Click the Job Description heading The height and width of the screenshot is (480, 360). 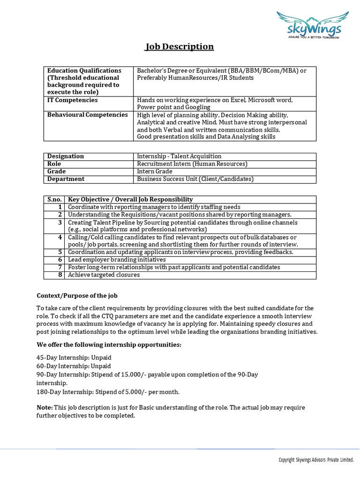pyautogui.click(x=179, y=46)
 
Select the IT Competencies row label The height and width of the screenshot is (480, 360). pyautogui.click(x=73, y=100)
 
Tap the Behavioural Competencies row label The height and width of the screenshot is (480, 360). pyautogui.click(x=88, y=115)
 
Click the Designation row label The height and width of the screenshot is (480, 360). pyautogui.click(x=66, y=156)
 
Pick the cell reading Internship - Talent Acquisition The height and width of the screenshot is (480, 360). pyautogui.click(x=179, y=156)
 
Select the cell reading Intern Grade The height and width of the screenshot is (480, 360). pyautogui.click(x=155, y=172)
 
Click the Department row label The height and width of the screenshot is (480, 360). pyautogui.click(x=66, y=179)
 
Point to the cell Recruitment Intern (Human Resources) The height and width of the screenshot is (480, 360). pyautogui.click(x=192, y=164)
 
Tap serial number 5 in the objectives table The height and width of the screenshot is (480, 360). pyautogui.click(x=60, y=252)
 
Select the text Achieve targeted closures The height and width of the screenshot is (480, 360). pyautogui.click(x=104, y=275)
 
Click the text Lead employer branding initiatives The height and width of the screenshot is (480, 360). pyautogui.click(x=117, y=260)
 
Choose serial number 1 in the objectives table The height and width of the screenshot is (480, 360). pyautogui.click(x=60, y=207)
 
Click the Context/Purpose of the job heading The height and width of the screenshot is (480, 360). pyautogui.click(x=77, y=296)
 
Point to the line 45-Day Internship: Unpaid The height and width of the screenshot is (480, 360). pyautogui.click(x=74, y=358)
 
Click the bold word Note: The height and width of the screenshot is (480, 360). pyautogui.click(x=45, y=408)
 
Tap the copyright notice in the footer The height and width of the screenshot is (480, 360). pyautogui.click(x=315, y=460)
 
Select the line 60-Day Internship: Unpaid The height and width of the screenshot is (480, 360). pyautogui.click(x=74, y=366)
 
